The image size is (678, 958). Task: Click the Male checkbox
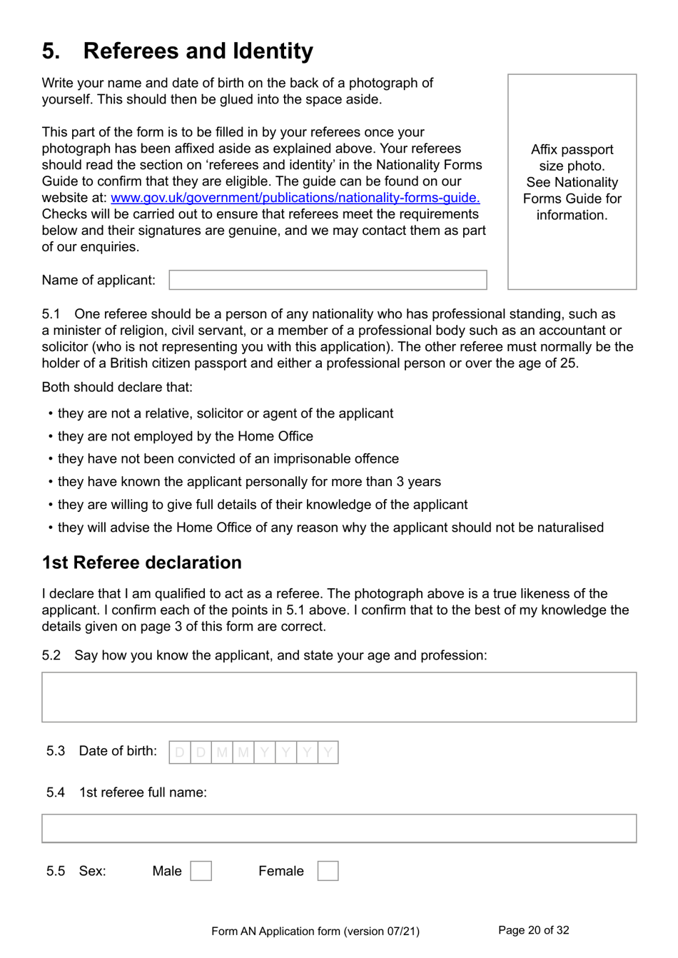(201, 871)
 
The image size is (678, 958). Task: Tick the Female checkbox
(328, 871)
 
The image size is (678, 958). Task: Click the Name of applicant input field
(328, 280)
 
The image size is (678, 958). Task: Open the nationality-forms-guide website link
(295, 198)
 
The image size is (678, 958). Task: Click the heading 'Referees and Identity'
(198, 51)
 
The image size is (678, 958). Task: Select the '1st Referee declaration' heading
(141, 563)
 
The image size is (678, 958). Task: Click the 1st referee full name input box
(339, 828)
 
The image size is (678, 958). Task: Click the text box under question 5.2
(339, 697)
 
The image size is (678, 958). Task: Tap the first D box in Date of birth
(180, 752)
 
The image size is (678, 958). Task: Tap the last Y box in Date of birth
(328, 752)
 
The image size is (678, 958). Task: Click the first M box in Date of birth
(222, 752)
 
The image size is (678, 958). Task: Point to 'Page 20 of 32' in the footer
(533, 930)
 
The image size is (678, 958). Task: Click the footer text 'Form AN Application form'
(315, 931)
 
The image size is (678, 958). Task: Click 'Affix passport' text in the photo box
(572, 150)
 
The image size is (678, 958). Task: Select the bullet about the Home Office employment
(185, 436)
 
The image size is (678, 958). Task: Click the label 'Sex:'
(92, 871)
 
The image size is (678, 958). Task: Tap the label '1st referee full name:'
(143, 792)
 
